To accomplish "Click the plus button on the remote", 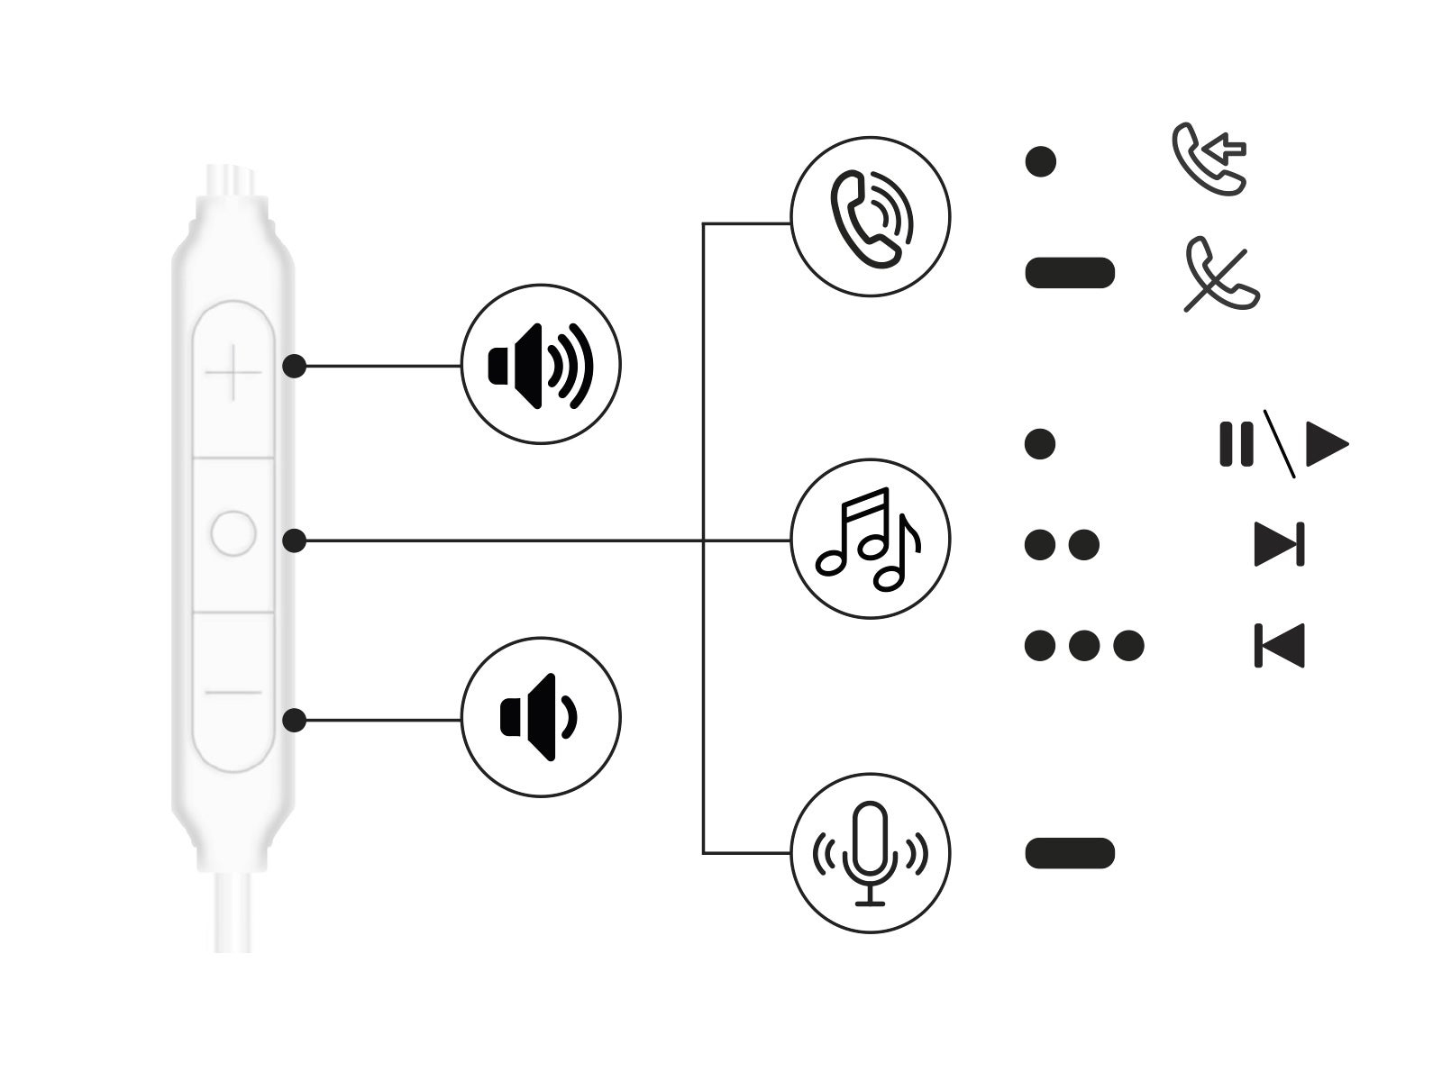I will [x=233, y=372].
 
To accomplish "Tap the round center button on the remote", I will [x=233, y=533].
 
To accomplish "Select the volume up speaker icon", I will [x=541, y=365].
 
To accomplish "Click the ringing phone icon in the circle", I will [x=870, y=217].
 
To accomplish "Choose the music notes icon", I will [x=870, y=540].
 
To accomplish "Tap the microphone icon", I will [x=870, y=852].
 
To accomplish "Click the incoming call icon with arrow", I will [x=1209, y=159].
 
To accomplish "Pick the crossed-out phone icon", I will [x=1221, y=275].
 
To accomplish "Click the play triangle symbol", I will [x=1326, y=443].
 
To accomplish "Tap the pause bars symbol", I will [x=1236, y=443].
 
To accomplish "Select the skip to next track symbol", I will [x=1280, y=544].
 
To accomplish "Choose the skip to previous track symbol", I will [x=1280, y=645].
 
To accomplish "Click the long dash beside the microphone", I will [x=1070, y=853].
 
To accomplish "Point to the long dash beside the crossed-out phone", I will [x=1070, y=272].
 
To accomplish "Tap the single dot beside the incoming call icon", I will [x=1041, y=162].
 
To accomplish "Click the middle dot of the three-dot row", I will [x=1084, y=645].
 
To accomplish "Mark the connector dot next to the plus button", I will [x=294, y=366].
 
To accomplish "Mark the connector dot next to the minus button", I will [x=294, y=721].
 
